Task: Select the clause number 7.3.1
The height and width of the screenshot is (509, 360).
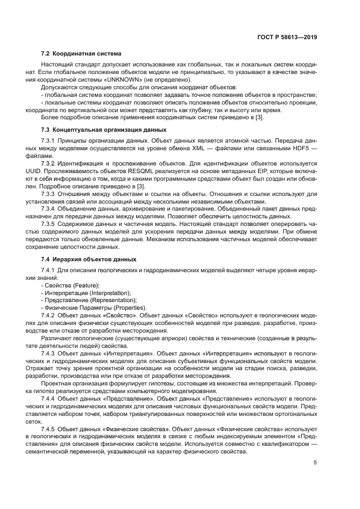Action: pos(49,140)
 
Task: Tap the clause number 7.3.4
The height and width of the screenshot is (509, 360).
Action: pos(49,208)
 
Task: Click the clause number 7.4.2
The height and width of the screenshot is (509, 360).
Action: pos(49,315)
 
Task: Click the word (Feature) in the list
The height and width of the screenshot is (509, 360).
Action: pos(86,285)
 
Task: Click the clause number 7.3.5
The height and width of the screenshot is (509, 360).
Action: pos(49,224)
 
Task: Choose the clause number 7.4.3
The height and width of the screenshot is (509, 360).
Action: pos(49,353)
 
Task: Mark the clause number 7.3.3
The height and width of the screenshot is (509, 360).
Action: pos(49,193)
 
